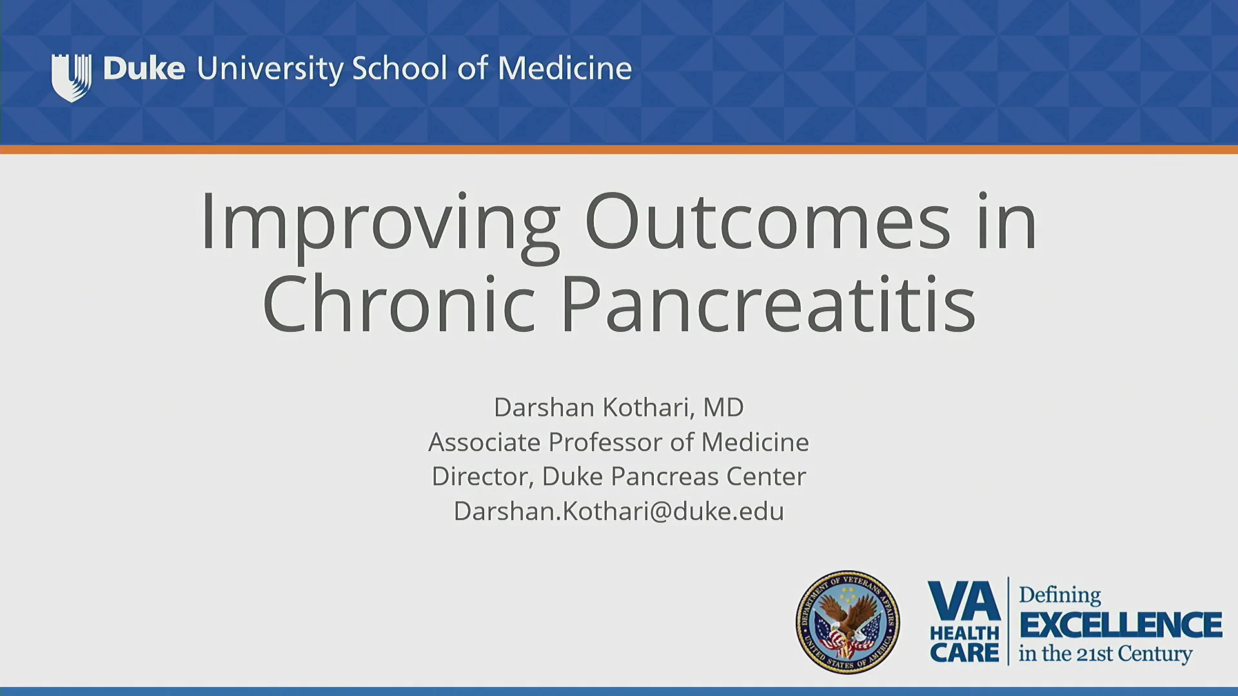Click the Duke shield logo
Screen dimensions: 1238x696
(x=72, y=78)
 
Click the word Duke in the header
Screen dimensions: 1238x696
(x=144, y=68)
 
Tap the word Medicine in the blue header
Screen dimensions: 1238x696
(x=565, y=68)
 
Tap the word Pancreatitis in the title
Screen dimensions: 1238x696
(x=769, y=303)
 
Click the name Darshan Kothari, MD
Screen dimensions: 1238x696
(x=619, y=407)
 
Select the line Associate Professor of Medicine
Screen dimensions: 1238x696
(x=619, y=442)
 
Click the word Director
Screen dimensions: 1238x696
(x=483, y=477)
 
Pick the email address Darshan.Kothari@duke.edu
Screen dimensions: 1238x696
(x=619, y=511)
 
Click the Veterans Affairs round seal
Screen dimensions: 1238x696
(x=848, y=622)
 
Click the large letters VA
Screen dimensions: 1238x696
(x=965, y=601)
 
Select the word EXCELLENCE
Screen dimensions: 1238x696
(x=1121, y=625)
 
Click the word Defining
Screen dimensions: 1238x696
(x=1060, y=595)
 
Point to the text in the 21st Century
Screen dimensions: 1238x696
(x=1106, y=653)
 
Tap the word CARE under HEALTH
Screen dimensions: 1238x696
(x=965, y=653)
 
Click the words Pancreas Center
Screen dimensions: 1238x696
(x=709, y=477)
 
